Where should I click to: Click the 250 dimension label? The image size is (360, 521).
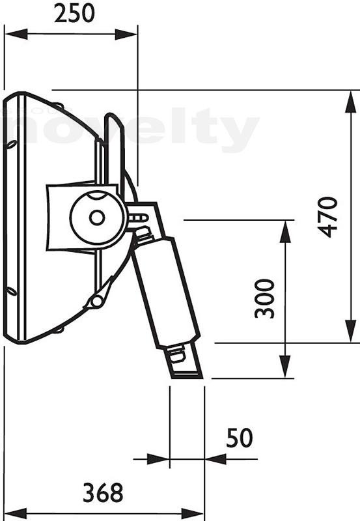[x=74, y=14]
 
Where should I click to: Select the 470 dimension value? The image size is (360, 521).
[x=327, y=217]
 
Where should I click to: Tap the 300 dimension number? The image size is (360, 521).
[x=265, y=299]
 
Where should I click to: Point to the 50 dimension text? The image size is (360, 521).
[x=240, y=438]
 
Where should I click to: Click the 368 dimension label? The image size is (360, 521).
[x=103, y=493]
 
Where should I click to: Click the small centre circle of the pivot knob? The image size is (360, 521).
[x=96, y=218]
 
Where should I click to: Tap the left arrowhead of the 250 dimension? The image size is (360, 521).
[x=16, y=34]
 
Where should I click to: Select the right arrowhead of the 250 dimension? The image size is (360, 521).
[x=126, y=34]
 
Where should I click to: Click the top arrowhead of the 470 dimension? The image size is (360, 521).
[x=351, y=102]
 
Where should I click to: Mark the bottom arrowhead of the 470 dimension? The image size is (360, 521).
[x=351, y=331]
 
